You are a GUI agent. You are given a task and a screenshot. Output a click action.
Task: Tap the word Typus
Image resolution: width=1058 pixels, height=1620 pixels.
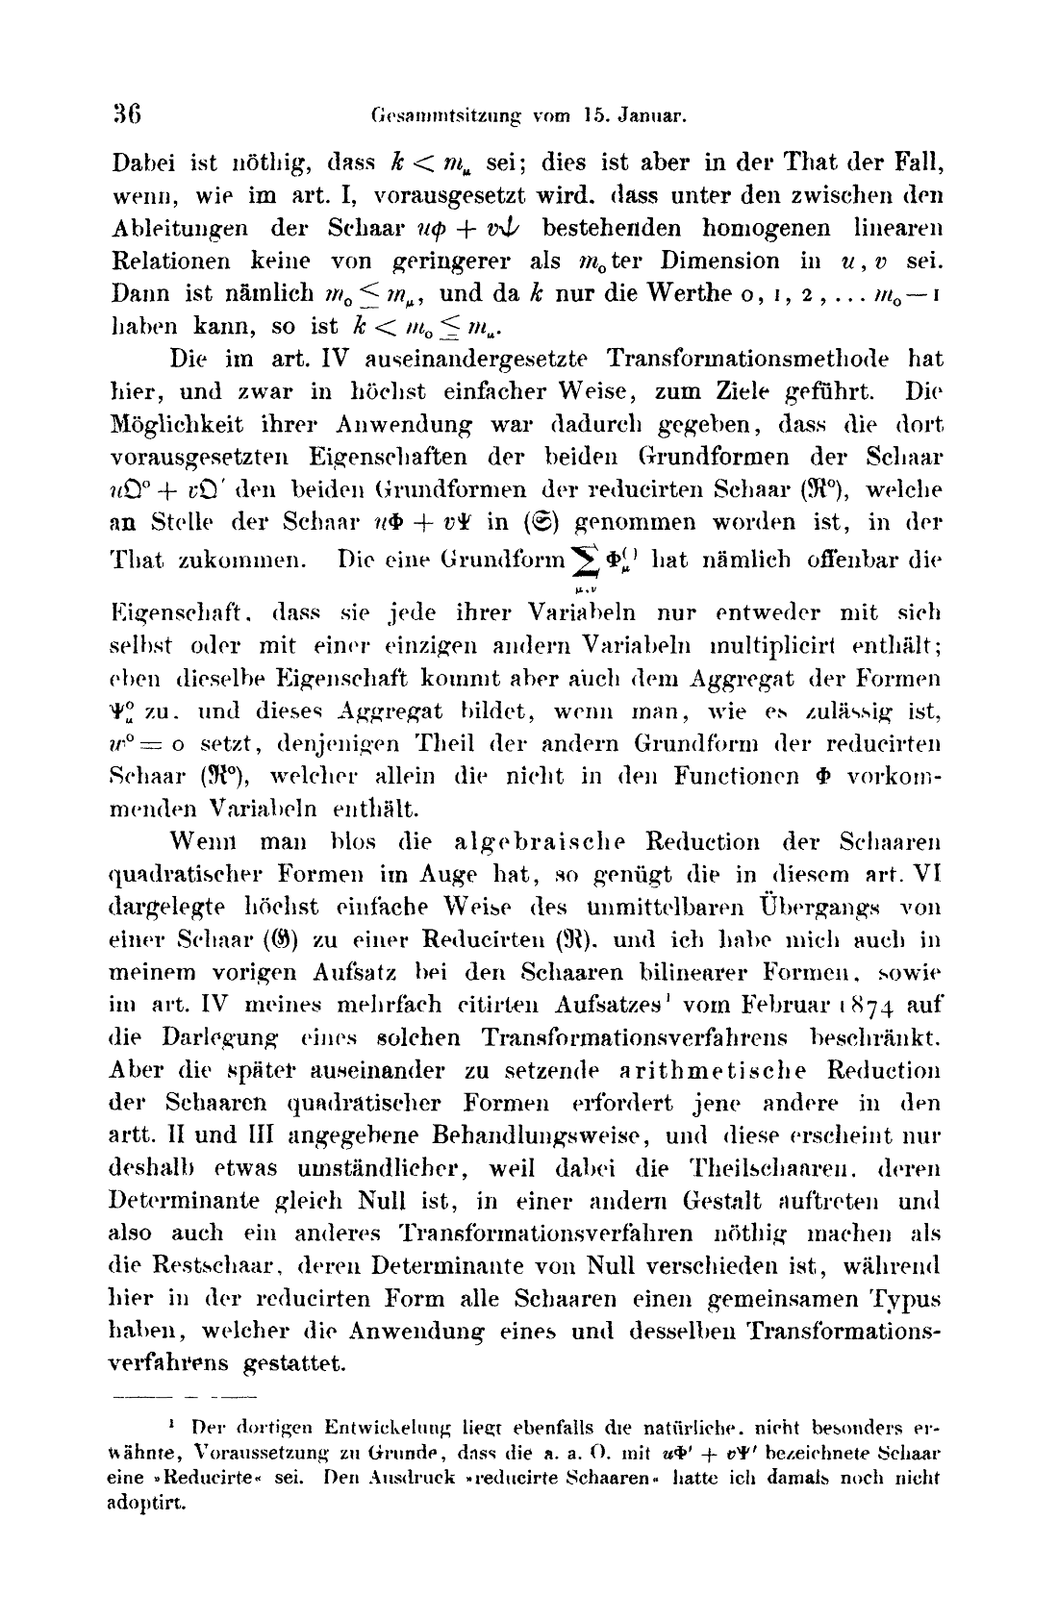pos(909,1301)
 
